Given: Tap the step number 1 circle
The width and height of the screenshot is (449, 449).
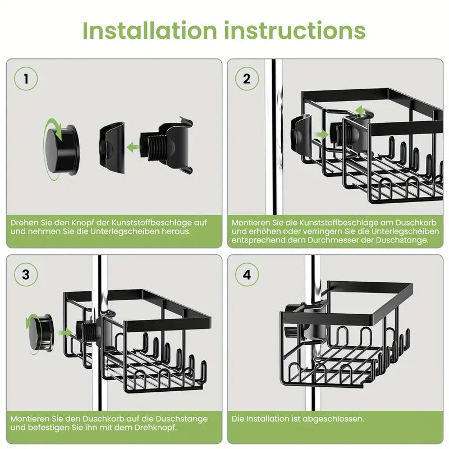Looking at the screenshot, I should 26,79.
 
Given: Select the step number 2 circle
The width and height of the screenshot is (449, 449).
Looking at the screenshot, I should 246,79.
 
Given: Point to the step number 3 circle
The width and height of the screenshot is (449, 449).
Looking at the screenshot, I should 26,274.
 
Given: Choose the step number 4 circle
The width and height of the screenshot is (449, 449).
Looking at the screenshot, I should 246,274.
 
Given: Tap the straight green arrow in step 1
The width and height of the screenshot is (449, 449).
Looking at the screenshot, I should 134,147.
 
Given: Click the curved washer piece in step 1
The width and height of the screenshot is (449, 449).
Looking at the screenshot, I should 111,145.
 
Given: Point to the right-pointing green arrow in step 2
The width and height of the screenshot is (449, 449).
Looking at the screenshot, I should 321,135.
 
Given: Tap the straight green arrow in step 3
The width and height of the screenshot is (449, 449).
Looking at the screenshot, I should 66,332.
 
